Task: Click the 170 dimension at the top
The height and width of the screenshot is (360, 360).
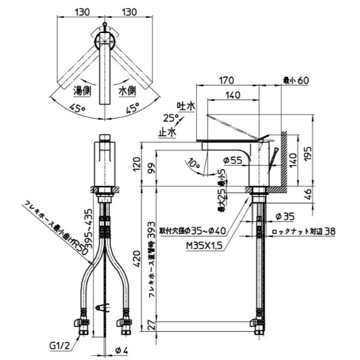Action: pyautogui.click(x=227, y=79)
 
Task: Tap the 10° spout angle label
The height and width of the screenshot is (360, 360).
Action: pyautogui.click(x=193, y=162)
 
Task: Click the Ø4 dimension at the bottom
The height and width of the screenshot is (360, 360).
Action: pyautogui.click(x=119, y=350)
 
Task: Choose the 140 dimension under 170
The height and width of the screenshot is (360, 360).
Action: pyautogui.click(x=234, y=95)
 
